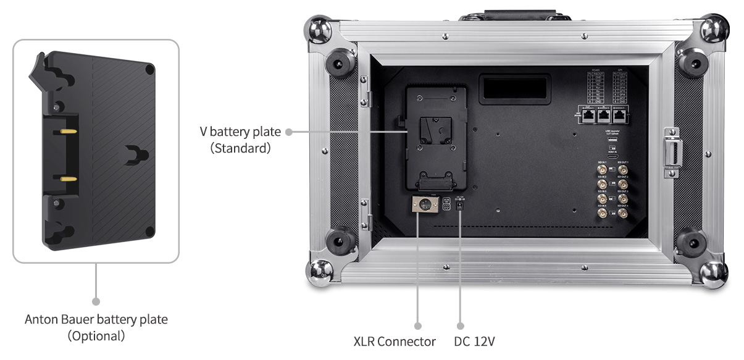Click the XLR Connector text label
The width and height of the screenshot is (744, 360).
(x=395, y=341)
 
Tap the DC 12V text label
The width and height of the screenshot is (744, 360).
(x=474, y=341)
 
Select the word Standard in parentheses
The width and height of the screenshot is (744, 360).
(x=240, y=149)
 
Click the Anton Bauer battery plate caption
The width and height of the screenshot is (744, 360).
(x=96, y=320)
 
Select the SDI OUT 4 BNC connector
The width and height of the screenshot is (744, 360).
(x=620, y=214)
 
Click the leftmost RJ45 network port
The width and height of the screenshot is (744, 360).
(x=585, y=114)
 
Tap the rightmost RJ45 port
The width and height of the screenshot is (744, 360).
(x=622, y=114)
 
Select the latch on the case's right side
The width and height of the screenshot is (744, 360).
(x=671, y=147)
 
